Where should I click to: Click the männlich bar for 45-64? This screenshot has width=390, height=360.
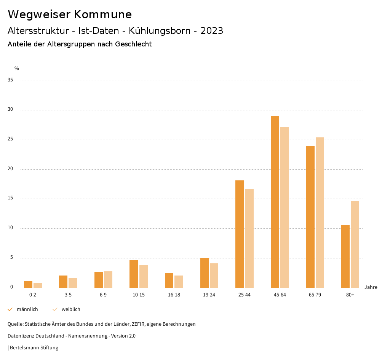275,202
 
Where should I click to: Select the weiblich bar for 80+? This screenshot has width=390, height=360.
355,244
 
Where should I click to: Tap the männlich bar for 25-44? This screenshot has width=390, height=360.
240,234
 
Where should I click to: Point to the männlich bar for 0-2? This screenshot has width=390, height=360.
28,284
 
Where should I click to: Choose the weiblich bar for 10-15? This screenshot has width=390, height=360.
144,276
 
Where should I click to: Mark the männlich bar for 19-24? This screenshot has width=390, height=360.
205,273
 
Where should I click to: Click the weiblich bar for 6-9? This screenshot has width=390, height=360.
108,279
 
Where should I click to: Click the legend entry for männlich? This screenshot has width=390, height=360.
27,309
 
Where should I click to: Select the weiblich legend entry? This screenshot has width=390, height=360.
71,309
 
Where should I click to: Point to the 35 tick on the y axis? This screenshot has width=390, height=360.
10,80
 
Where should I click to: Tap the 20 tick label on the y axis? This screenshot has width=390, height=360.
10,169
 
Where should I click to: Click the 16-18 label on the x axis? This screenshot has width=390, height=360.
174,295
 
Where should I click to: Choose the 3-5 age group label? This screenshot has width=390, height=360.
68,295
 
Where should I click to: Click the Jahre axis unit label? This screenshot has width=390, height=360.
371,287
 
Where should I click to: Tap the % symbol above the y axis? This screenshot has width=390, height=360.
16,68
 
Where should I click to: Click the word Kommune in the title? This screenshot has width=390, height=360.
103,14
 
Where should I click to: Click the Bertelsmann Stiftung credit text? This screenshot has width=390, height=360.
34,348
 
